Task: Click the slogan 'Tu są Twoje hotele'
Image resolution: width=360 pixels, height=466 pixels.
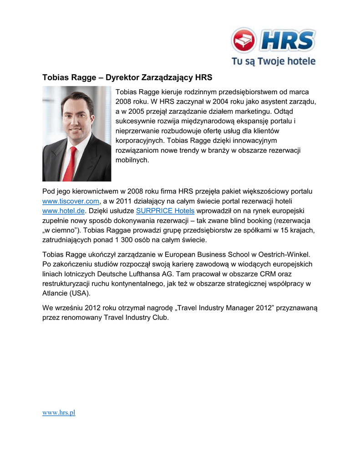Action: (273, 61)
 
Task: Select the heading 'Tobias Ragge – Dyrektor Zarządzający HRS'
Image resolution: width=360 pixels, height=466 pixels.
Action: (127, 77)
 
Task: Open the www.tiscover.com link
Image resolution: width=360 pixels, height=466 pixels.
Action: (71, 201)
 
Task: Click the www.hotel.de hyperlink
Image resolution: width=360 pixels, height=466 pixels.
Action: (63, 211)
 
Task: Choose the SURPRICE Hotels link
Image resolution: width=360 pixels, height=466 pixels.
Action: (165, 211)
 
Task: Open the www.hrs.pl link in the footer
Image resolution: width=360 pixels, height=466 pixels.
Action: (58, 412)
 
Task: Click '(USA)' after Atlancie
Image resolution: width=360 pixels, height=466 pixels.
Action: (79, 293)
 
